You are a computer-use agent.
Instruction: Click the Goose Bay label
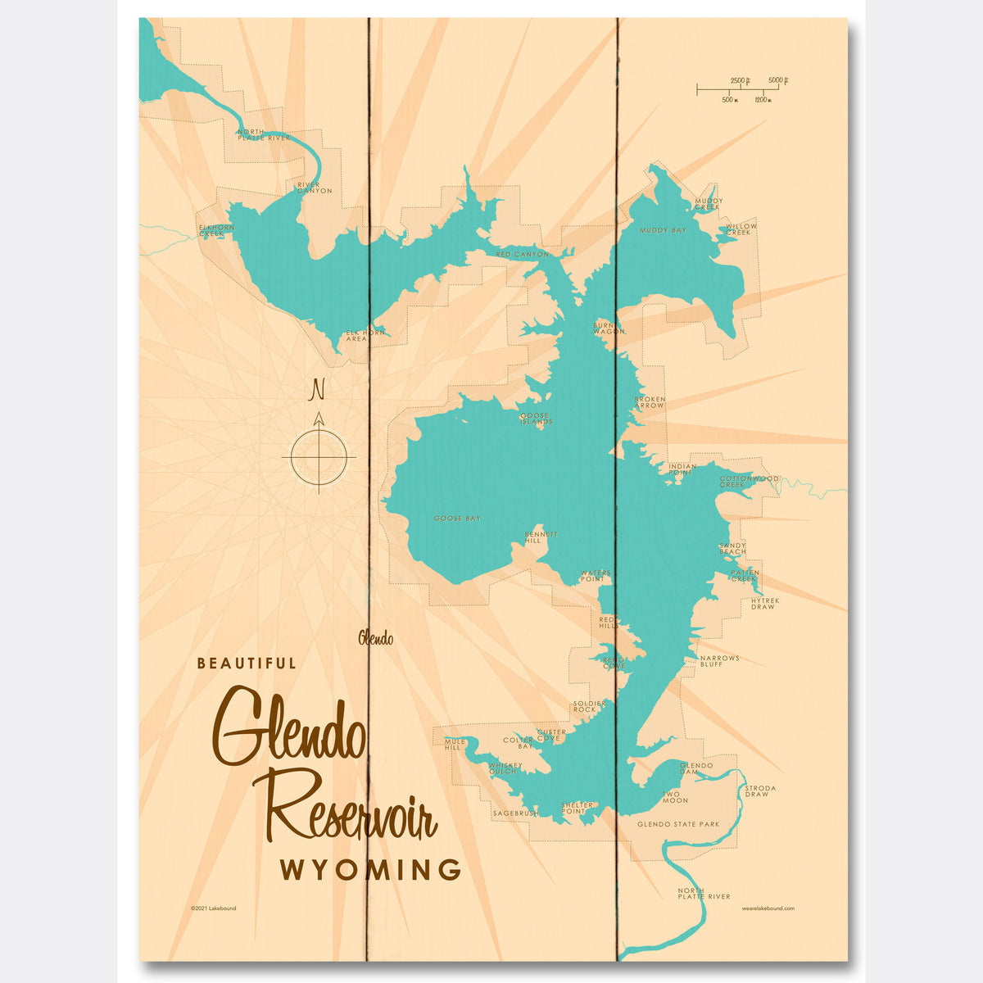click(457, 519)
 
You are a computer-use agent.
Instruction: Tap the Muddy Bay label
click(663, 231)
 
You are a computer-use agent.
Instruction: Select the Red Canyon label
click(523, 255)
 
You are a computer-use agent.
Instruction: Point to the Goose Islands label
click(537, 419)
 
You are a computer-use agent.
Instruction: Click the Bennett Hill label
click(541, 537)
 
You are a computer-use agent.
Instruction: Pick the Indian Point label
click(682, 469)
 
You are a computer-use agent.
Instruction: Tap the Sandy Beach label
click(732, 548)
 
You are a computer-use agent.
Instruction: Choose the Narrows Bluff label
click(719, 660)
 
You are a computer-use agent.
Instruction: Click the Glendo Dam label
click(696, 768)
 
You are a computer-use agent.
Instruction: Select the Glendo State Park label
click(678, 824)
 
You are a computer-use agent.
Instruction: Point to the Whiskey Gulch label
click(503, 768)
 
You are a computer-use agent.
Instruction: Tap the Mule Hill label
click(455, 745)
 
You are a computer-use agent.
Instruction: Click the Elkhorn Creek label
click(211, 231)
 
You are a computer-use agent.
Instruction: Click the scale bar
click(741, 87)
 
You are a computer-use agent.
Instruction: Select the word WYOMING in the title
click(370, 870)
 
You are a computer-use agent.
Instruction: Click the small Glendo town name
click(375, 639)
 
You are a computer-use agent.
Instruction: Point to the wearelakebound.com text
click(768, 908)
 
